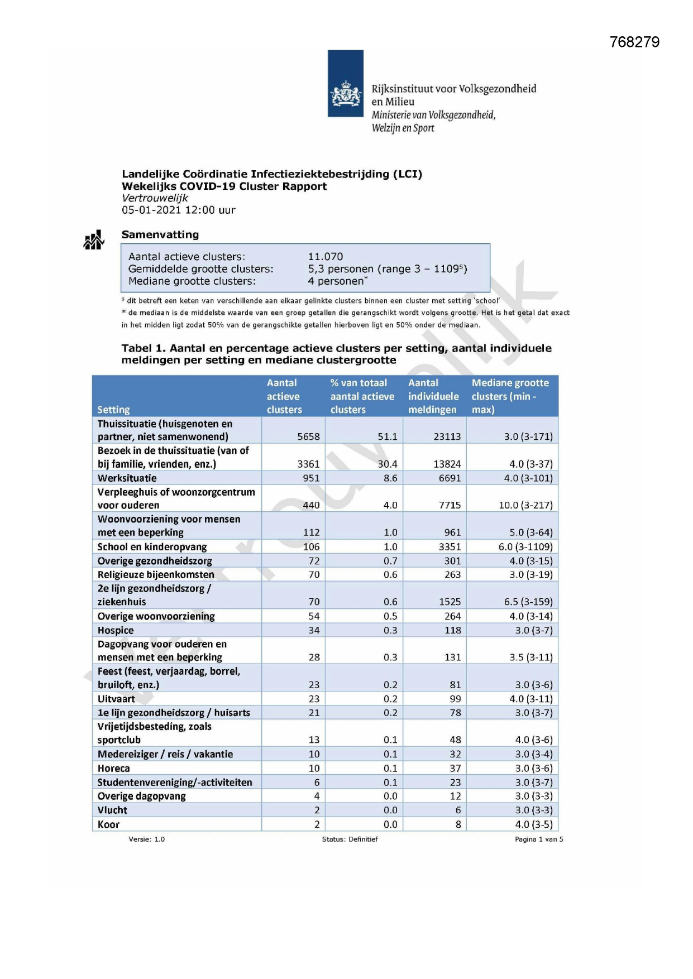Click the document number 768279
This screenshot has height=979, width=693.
[634, 42]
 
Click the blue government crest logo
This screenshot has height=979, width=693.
[345, 84]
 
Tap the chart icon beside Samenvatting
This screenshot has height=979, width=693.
[94, 240]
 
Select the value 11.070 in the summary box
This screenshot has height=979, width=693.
[326, 257]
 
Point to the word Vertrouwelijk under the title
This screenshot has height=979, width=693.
[155, 198]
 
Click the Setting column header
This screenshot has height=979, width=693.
[113, 410]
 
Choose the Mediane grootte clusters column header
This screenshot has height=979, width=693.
[510, 396]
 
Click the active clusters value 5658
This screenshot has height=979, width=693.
[308, 436]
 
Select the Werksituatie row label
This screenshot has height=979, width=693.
[127, 478]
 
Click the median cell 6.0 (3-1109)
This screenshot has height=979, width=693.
[525, 547]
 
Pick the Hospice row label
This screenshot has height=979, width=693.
[116, 630]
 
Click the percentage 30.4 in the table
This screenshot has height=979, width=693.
[388, 464]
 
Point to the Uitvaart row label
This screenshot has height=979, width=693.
[116, 699]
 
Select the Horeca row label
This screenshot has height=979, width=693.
[113, 769]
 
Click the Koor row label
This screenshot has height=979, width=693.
[108, 824]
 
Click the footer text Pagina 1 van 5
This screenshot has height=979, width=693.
[539, 839]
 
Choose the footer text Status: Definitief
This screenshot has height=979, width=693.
[350, 839]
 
